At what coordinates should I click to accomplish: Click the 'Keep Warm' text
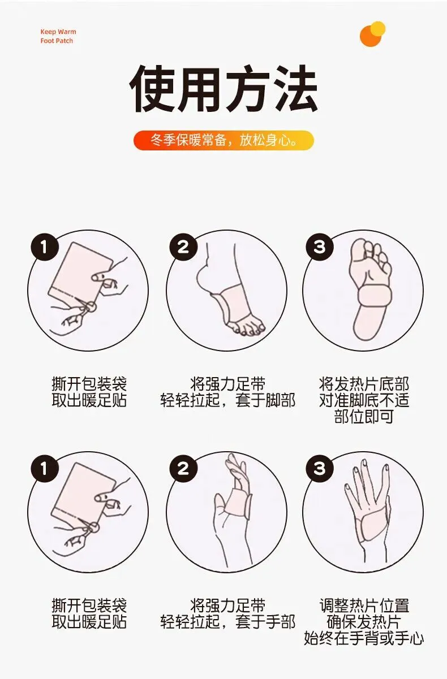point(58,32)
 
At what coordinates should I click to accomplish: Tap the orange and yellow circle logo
point(372,34)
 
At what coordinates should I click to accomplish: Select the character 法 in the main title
point(295,88)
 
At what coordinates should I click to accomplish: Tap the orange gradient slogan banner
point(223,140)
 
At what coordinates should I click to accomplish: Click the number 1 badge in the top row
point(45,247)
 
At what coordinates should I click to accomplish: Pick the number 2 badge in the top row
point(183,247)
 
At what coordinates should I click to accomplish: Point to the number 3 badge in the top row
point(320,247)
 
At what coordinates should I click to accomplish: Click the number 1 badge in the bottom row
point(45,468)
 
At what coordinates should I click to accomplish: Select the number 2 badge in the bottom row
point(183,468)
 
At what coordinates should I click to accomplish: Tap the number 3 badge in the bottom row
point(320,468)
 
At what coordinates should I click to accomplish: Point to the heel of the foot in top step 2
point(203,278)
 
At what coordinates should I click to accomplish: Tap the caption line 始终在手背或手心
point(364,637)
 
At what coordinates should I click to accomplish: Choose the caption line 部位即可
point(364,417)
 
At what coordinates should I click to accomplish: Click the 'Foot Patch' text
point(57,41)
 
